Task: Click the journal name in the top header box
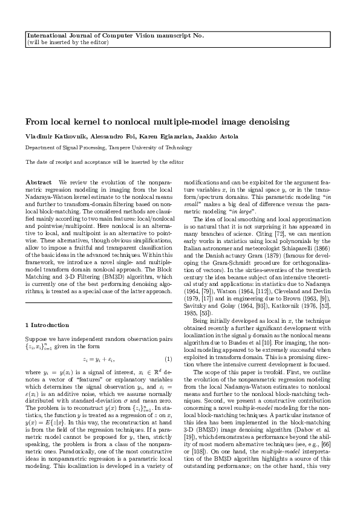click(115, 35)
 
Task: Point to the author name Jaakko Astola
click(194, 135)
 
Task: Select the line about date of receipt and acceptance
click(105, 162)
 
